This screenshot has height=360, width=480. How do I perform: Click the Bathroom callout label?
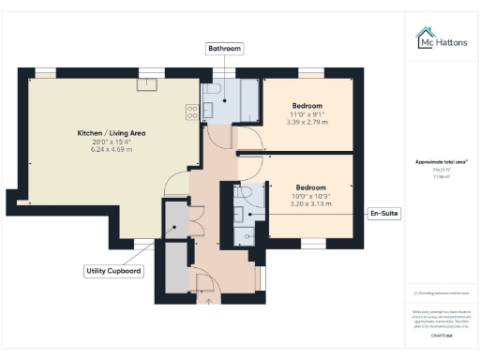pos(225,48)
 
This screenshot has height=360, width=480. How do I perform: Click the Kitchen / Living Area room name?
pos(111,133)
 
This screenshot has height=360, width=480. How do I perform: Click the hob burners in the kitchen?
pos(192,111)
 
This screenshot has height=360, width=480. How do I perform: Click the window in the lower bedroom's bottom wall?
pos(311,244)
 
